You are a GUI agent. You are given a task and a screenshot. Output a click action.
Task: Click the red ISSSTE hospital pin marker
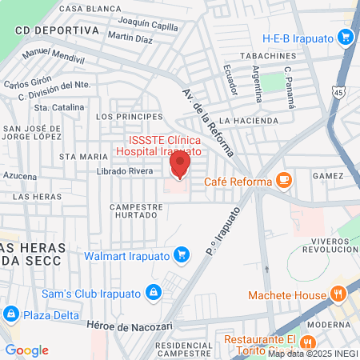pyautogui.click(x=180, y=166)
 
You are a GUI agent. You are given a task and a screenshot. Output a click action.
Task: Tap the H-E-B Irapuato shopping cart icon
pyautogui.click(x=346, y=37)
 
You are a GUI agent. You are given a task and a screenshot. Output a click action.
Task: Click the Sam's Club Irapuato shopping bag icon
pyautogui.click(x=151, y=292)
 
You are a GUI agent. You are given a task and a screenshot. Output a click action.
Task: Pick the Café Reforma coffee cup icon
pyautogui.click(x=282, y=180)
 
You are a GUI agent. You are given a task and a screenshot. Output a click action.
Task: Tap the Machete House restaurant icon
pyautogui.click(x=339, y=293)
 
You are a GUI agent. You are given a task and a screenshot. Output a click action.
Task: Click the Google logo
pyautogui.click(x=26, y=350)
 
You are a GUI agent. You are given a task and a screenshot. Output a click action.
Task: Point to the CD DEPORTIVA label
pyautogui.click(x=56, y=30)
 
